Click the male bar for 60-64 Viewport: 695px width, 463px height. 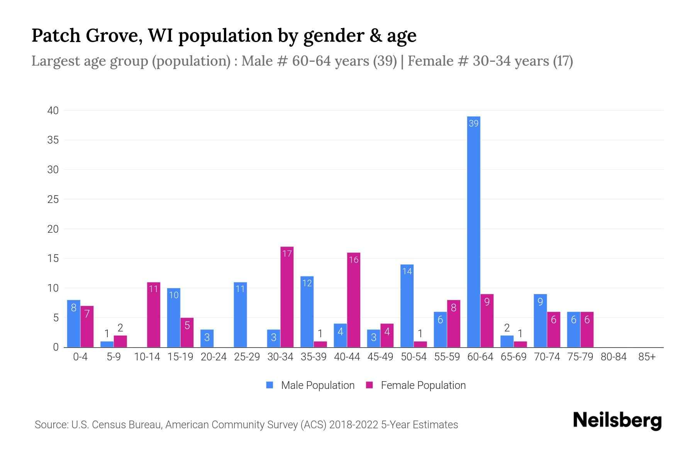tap(473, 231)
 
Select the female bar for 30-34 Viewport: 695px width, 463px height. tap(287, 297)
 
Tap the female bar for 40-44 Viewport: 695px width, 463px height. tap(354, 300)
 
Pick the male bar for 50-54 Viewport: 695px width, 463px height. tap(407, 306)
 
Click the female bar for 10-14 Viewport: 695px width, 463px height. tap(154, 315)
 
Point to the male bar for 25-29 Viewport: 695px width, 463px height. tap(240, 315)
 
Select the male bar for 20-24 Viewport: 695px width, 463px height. tap(207, 338)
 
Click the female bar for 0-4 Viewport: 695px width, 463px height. tap(87, 326)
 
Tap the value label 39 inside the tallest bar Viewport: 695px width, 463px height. tap(473, 123)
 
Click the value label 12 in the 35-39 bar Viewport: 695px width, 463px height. tap(307, 283)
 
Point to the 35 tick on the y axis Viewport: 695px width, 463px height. tap(53, 140)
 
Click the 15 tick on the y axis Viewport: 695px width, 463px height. tap(53, 259)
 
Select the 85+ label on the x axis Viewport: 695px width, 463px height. tap(647, 357)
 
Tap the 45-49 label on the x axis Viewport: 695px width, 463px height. tap(380, 357)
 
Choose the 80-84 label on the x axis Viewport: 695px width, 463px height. tap(614, 357)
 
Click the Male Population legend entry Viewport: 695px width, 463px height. tap(310, 385)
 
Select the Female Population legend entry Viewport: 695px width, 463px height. tap(416, 385)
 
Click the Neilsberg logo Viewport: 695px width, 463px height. tap(617, 420)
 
